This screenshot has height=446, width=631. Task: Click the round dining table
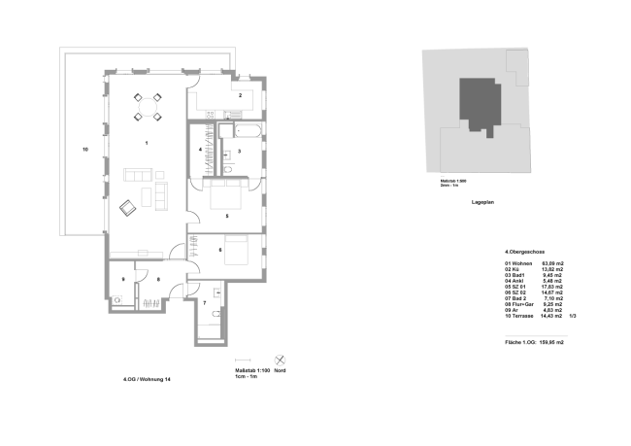click(x=148, y=107)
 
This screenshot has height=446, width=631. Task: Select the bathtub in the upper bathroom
click(x=248, y=130)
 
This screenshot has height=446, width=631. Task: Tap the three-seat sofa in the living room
click(x=138, y=175)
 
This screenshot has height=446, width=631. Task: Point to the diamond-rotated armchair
click(x=128, y=207)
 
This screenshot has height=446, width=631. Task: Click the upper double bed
click(x=225, y=195)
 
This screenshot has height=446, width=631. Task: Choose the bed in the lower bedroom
click(x=236, y=251)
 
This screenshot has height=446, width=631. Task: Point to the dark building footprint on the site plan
click(x=480, y=105)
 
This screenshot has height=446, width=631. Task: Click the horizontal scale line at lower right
click(x=536, y=336)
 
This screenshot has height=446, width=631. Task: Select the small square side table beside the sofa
click(x=160, y=175)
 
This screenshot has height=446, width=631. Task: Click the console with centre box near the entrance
click(x=142, y=254)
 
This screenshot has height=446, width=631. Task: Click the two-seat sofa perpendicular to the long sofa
click(x=160, y=195)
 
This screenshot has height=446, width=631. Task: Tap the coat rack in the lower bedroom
click(x=193, y=247)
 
